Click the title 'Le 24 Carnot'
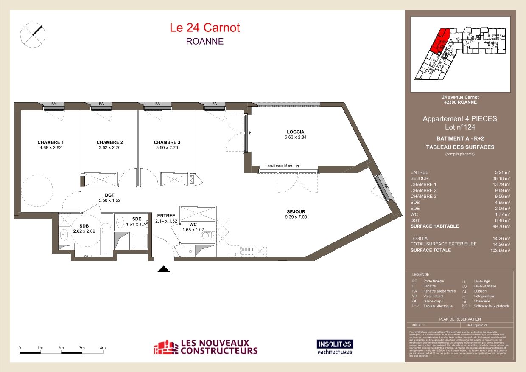(205, 28)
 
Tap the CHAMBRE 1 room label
(50, 142)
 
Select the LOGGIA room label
(295, 132)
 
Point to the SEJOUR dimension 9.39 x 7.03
(296, 217)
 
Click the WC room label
(193, 224)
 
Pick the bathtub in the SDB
(105, 238)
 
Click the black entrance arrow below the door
(164, 269)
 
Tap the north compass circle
(33, 34)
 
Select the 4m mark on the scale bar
(102, 348)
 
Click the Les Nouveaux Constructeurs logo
(205, 347)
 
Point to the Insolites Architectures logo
(335, 347)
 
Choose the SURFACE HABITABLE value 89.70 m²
(501, 226)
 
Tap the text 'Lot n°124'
(460, 127)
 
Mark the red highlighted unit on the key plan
(438, 41)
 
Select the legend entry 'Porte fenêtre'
(434, 281)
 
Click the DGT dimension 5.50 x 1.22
(106, 200)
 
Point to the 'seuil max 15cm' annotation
(280, 166)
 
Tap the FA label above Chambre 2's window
(101, 104)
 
